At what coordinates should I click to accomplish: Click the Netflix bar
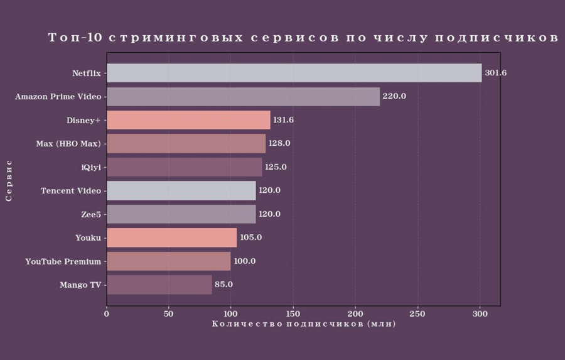(294, 73)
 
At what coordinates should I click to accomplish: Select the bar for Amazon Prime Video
(243, 97)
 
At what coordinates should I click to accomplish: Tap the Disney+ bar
(188, 120)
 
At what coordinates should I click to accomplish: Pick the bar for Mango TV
(159, 285)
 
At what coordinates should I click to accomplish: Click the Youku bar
(171, 237)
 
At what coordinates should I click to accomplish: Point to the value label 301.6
(495, 73)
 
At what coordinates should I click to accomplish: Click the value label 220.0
(394, 97)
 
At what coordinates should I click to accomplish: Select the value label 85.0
(223, 285)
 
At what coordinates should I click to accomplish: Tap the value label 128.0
(279, 143)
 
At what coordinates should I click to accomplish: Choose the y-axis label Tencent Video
(70, 190)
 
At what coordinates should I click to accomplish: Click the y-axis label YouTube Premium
(63, 261)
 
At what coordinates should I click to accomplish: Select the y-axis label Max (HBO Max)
(68, 143)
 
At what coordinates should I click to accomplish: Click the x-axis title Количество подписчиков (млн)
(304, 324)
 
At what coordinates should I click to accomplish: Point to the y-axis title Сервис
(9, 180)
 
